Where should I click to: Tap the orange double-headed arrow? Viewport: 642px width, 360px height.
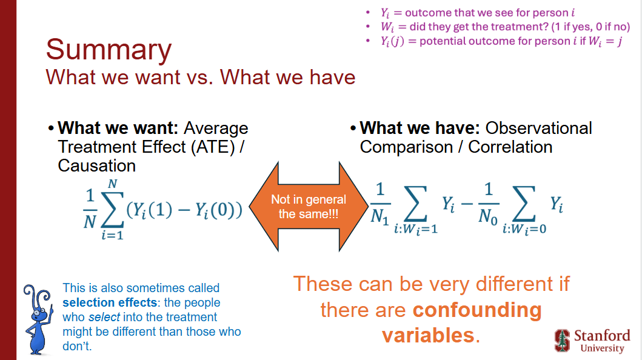coord(309,206)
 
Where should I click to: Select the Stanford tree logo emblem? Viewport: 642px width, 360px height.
coord(562,341)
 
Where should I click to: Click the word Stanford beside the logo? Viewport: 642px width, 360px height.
coord(602,336)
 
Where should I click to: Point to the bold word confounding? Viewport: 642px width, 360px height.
coord(477,310)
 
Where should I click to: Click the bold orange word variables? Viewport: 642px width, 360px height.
coord(428,335)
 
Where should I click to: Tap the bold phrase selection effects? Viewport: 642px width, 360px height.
coord(110,302)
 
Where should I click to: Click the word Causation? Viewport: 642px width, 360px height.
coord(96,165)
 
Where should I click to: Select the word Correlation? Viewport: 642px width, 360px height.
coord(510,147)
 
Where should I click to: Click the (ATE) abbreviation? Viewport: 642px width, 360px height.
coord(213,147)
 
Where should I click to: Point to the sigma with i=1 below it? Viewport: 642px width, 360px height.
coord(113,209)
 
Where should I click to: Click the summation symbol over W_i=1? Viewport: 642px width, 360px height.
coord(416,203)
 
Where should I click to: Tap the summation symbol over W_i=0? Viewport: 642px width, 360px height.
coord(524,203)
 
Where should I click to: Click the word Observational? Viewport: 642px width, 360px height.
coord(538,128)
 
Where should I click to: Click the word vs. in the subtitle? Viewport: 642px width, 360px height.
coord(200,77)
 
